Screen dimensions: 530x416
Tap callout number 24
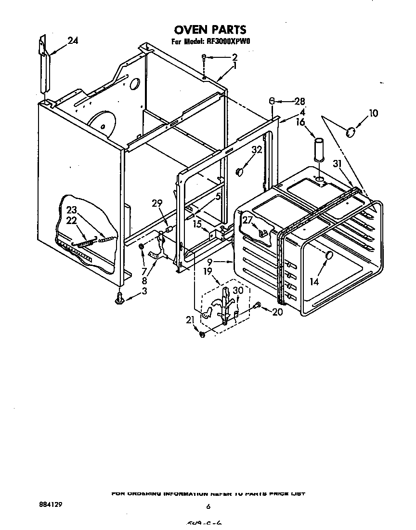point(72,41)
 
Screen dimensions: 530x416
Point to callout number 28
point(299,101)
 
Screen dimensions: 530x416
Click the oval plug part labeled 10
point(351,131)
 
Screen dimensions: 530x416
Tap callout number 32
point(256,150)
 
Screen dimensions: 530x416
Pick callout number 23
point(72,210)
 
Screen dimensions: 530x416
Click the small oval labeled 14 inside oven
point(329,256)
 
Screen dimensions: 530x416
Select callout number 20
point(277,312)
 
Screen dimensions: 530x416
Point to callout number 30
point(238,291)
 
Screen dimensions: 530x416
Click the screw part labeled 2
point(205,58)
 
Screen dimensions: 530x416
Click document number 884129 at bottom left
point(51,505)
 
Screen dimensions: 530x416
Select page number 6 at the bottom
point(208,506)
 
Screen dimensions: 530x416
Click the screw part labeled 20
point(258,305)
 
